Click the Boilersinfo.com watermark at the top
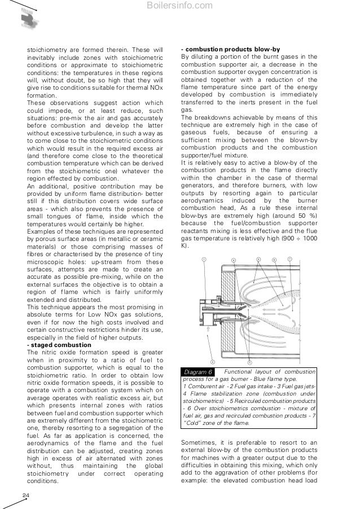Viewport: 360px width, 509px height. (179, 6)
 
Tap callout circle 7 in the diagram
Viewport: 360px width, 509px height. (290, 260)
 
